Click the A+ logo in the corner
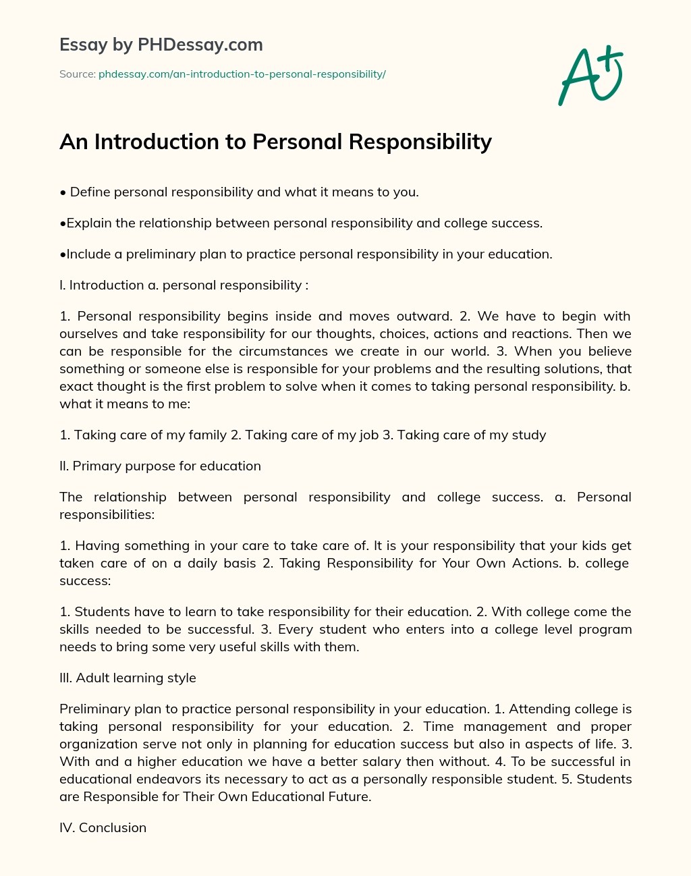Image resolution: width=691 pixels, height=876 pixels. (590, 75)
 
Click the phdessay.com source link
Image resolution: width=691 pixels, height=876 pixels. (242, 74)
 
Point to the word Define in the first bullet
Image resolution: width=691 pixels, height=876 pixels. (90, 192)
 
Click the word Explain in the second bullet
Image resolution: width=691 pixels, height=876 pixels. (88, 223)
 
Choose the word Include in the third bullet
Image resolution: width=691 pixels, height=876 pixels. (88, 254)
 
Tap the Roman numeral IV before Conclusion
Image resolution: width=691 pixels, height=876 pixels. (67, 827)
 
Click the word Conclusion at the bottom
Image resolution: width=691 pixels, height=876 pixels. (113, 827)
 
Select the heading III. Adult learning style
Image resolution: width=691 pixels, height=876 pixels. (128, 678)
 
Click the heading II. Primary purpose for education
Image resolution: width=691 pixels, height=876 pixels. (160, 466)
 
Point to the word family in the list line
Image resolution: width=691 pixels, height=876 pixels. (207, 435)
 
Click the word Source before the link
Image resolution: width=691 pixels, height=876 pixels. (76, 74)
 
